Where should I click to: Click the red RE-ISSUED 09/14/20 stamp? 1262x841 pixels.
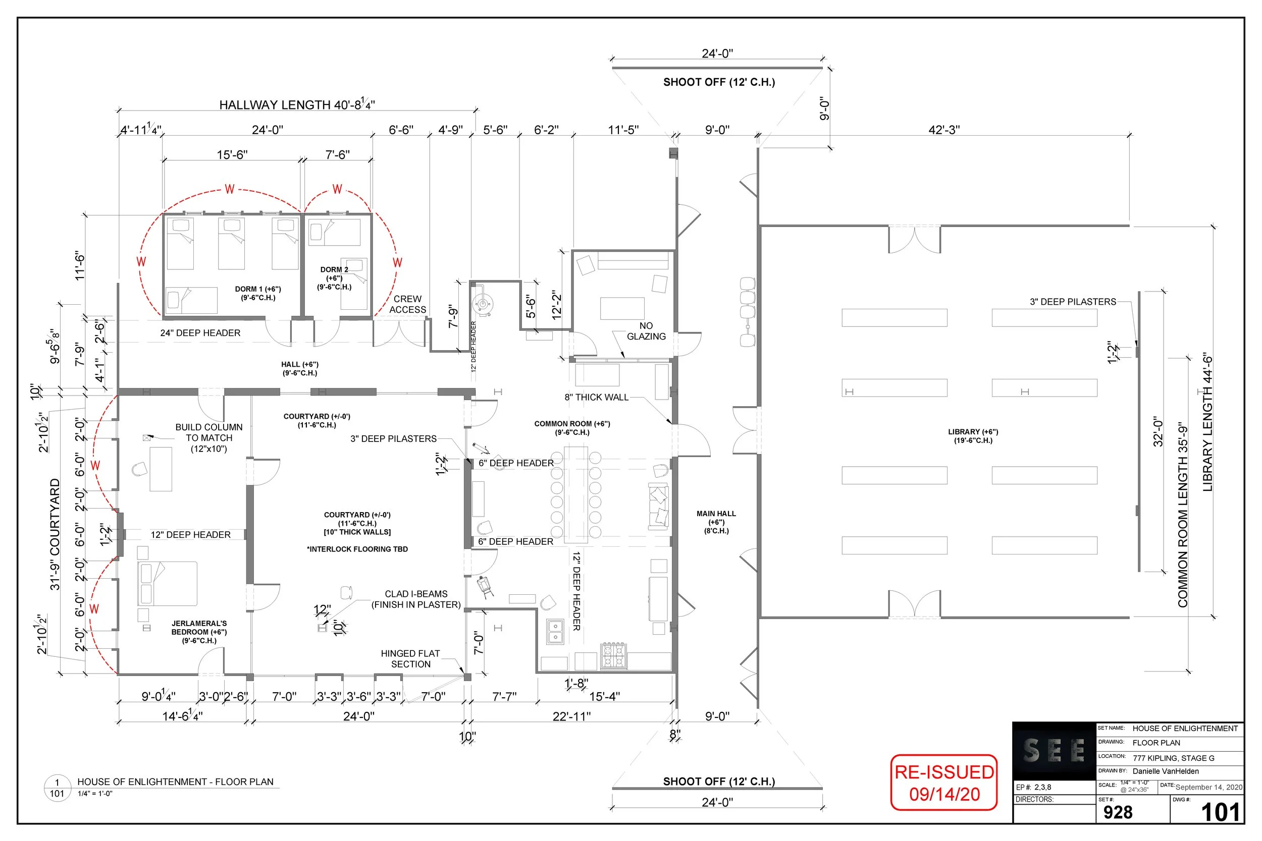pyautogui.click(x=944, y=782)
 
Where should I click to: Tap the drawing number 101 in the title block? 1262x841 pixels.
pyautogui.click(x=1220, y=812)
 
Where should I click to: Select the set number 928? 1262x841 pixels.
pyautogui.click(x=1118, y=812)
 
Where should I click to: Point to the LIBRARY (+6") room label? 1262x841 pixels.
pyautogui.click(x=973, y=435)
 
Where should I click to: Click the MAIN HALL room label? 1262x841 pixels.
pyautogui.click(x=716, y=522)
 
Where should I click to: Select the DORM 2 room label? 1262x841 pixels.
pyautogui.click(x=334, y=278)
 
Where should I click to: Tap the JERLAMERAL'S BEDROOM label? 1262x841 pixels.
pyautogui.click(x=199, y=631)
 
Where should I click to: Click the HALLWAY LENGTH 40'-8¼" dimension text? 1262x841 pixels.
pyautogui.click(x=297, y=104)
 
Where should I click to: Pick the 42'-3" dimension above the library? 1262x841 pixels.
pyautogui.click(x=944, y=129)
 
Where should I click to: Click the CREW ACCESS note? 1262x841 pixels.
pyautogui.click(x=407, y=304)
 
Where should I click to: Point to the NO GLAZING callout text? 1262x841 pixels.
pyautogui.click(x=646, y=331)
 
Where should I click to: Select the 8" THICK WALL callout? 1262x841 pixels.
pyautogui.click(x=596, y=397)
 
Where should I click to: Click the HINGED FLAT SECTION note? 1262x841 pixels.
pyautogui.click(x=410, y=659)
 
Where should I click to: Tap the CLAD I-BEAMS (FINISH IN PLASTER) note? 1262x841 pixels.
pyautogui.click(x=416, y=599)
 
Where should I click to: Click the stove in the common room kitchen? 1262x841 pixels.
pyautogui.click(x=613, y=655)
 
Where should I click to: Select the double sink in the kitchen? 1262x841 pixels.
pyautogui.click(x=555, y=631)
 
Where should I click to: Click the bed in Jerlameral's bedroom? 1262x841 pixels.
pyautogui.click(x=168, y=584)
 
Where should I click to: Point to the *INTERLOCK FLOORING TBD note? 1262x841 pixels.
pyautogui.click(x=357, y=549)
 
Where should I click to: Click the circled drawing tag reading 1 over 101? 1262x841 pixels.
pyautogui.click(x=57, y=788)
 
